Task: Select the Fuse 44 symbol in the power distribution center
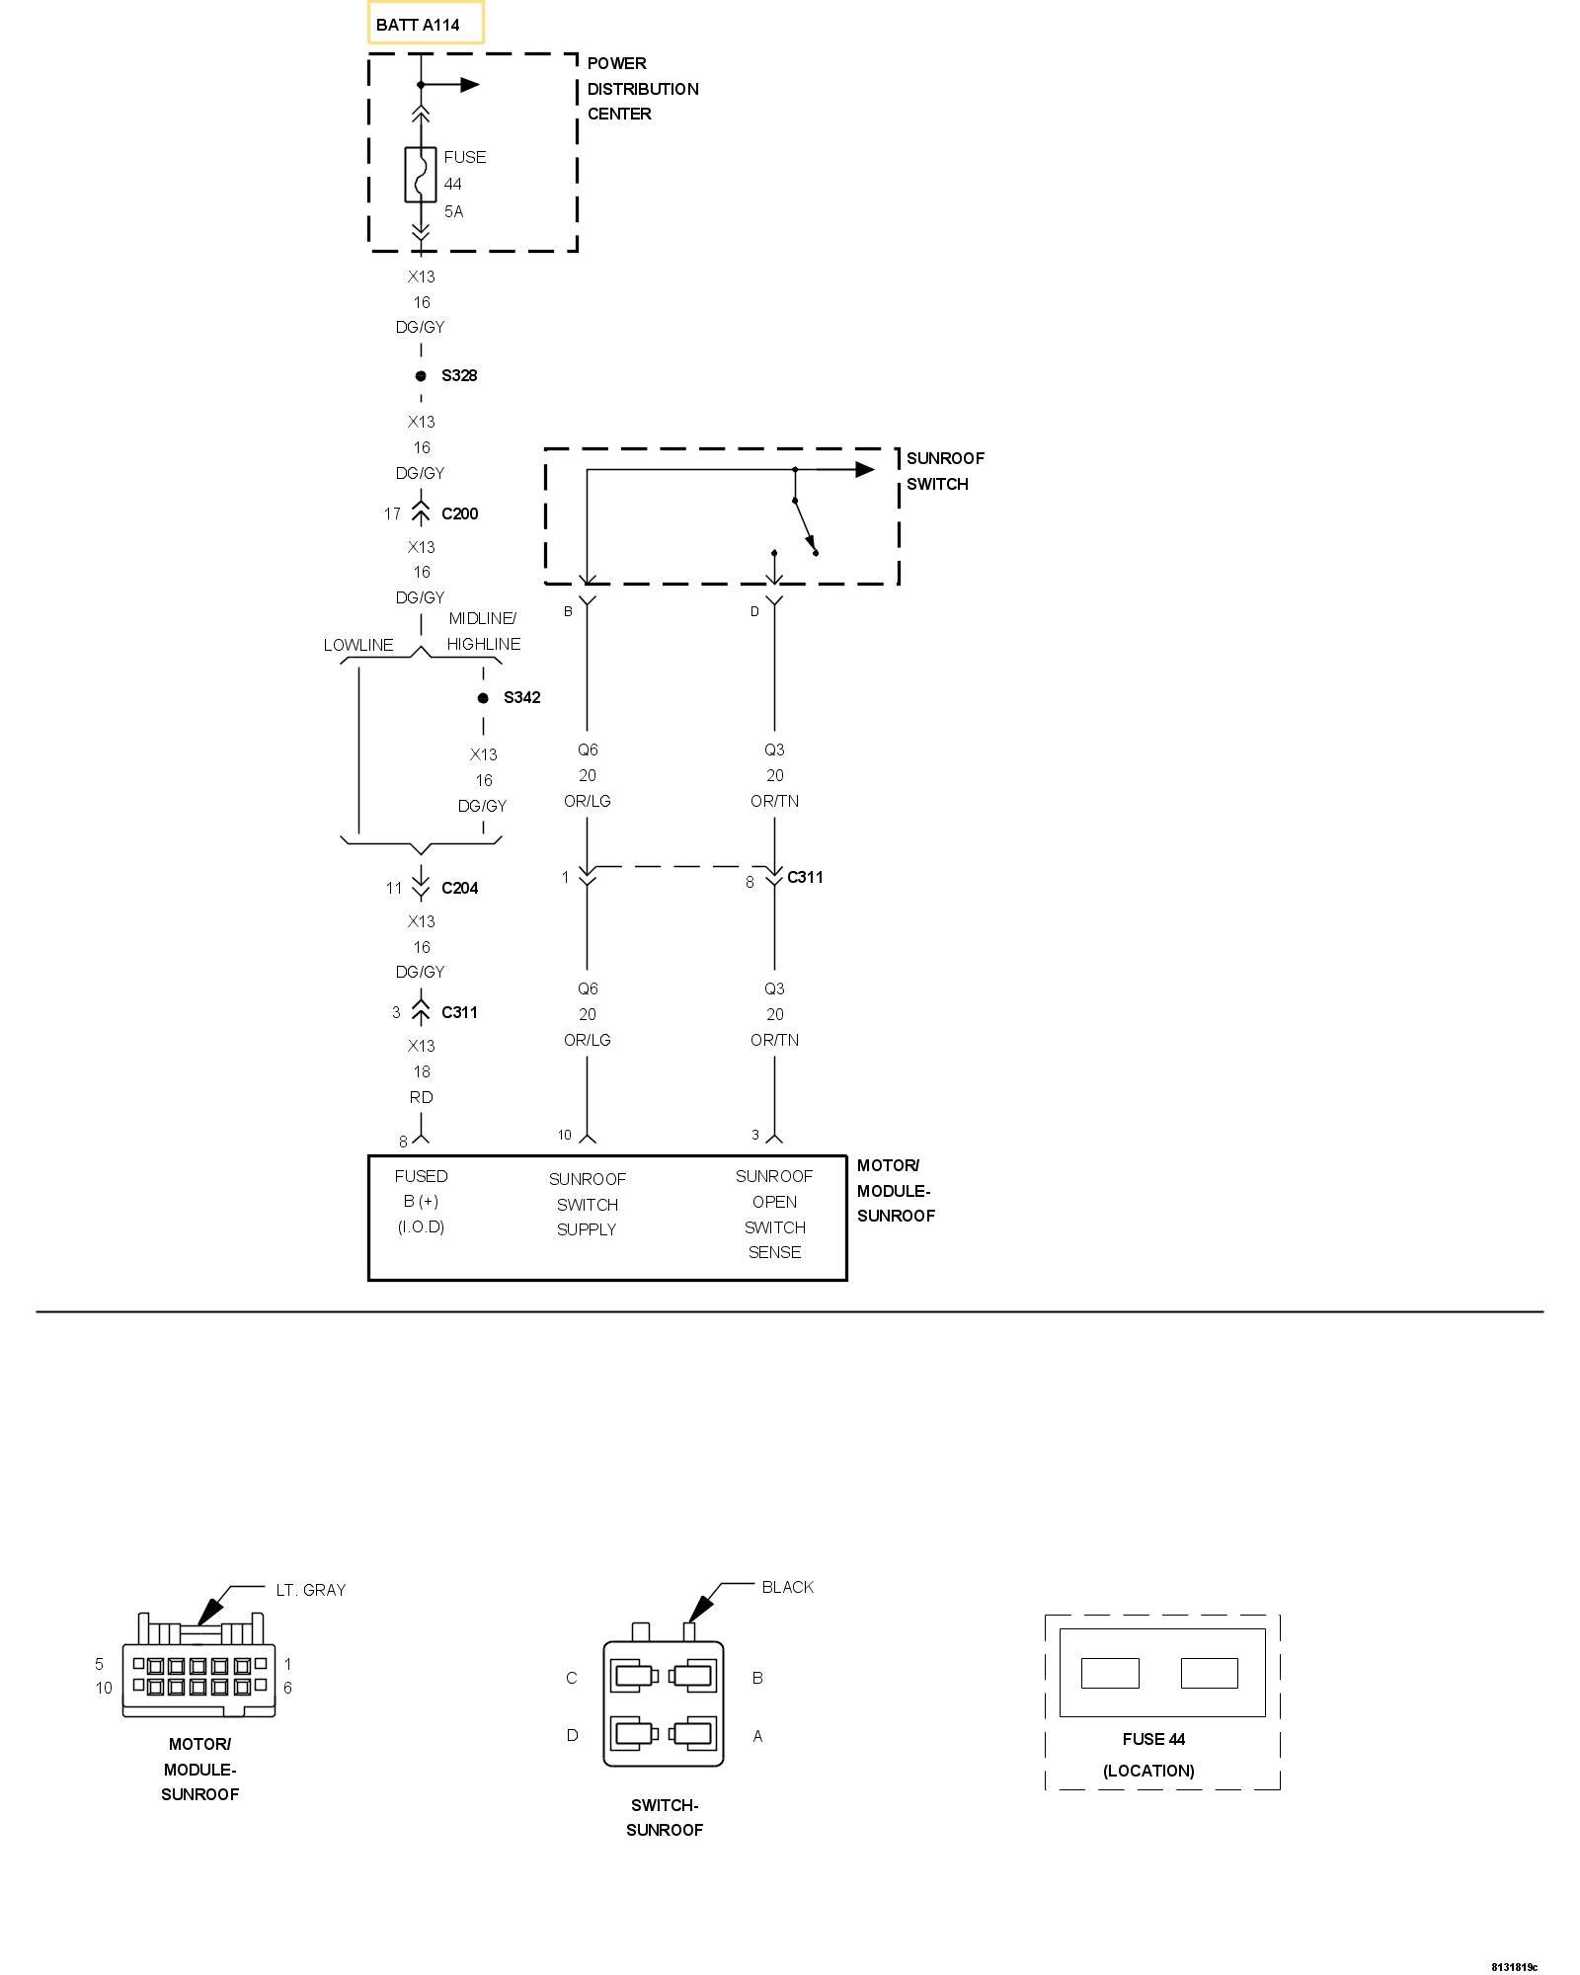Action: [421, 175]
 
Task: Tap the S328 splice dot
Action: [421, 376]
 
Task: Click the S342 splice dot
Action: [483, 698]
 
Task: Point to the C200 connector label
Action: [459, 513]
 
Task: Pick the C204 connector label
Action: [459, 888]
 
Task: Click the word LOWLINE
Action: [358, 645]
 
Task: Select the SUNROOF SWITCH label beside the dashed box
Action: [944, 471]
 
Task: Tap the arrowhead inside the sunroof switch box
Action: [864, 469]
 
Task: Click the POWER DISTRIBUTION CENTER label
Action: [642, 89]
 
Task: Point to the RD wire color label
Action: [421, 1097]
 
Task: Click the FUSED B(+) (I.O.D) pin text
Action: [421, 1201]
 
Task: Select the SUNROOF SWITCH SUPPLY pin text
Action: [587, 1204]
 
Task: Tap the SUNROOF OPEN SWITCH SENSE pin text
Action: [774, 1214]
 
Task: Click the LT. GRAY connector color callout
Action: [310, 1590]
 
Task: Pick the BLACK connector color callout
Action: [787, 1587]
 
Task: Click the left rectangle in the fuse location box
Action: [1110, 1673]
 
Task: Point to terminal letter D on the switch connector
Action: [572, 1735]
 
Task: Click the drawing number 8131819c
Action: [1514, 1939]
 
